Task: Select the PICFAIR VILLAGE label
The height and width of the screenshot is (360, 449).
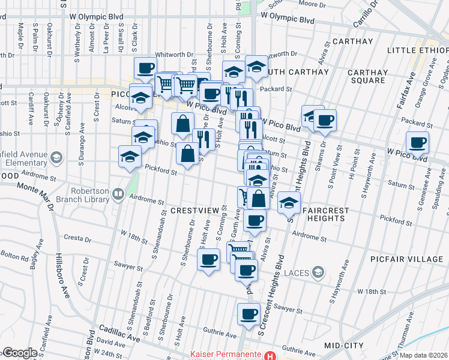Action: coord(415,259)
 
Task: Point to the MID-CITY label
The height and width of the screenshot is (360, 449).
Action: coord(343,346)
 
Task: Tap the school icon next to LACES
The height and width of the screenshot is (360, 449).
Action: coord(318,273)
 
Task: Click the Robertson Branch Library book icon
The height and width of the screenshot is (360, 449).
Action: coord(119,194)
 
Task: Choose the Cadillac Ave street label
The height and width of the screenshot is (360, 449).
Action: coord(119,335)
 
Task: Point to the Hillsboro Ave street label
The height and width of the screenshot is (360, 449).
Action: coord(64,283)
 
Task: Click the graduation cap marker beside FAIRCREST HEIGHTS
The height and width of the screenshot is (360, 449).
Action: coord(289,203)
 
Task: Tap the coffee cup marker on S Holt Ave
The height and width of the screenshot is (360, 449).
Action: coord(208,260)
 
